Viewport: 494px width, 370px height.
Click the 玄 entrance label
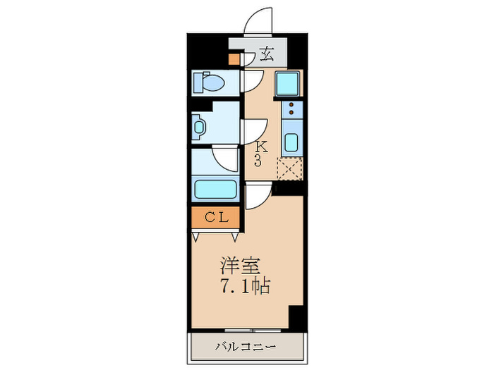point(266,54)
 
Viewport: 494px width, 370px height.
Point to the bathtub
point(215,190)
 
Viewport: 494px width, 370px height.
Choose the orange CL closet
point(216,218)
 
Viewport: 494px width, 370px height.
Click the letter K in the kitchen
point(261,147)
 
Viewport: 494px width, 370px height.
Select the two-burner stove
point(290,109)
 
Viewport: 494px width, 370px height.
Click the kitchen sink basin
point(290,141)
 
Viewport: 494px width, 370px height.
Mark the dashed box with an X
point(289,169)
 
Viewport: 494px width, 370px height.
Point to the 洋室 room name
point(241,267)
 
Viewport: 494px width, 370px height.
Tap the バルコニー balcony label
point(246,346)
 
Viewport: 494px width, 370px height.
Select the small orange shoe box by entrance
point(234,59)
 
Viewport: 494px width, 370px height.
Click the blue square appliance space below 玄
point(287,85)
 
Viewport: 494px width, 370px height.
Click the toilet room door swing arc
point(250,80)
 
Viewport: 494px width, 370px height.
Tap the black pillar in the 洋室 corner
point(296,317)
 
